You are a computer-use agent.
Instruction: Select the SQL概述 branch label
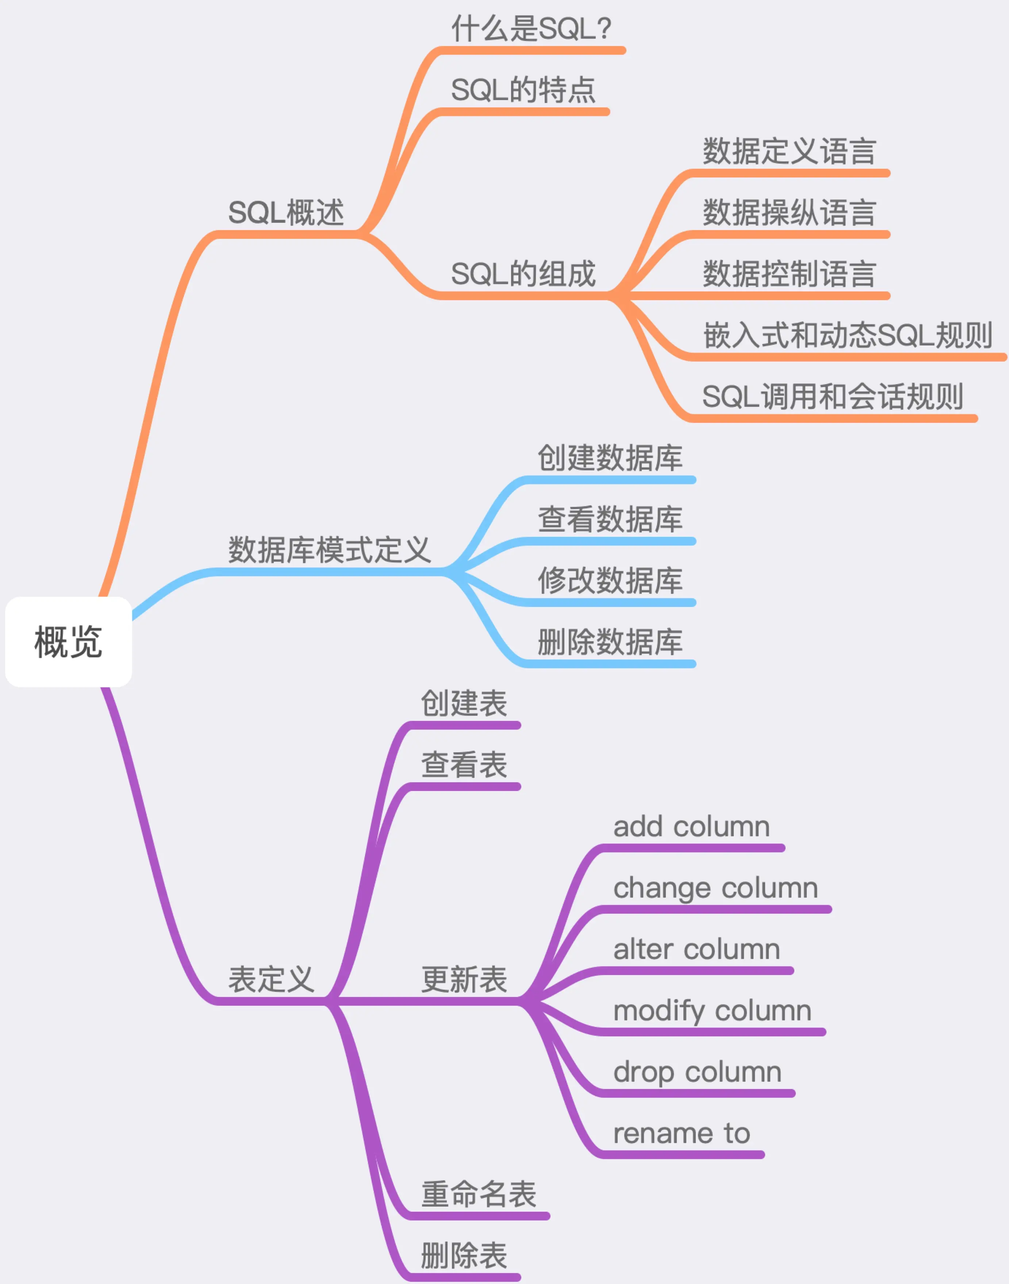coord(285,213)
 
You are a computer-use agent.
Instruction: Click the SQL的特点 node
coord(523,91)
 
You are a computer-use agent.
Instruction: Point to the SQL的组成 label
coord(523,274)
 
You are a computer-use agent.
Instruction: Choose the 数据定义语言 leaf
coord(789,151)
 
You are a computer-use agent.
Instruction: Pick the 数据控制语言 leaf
coord(789,274)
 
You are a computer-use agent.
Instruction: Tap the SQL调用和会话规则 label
coord(832,397)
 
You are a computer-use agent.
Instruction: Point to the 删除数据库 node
coord(610,642)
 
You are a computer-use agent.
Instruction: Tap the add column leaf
coord(691,827)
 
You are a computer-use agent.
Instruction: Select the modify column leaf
coord(712,1011)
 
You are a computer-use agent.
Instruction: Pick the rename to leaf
coord(681,1133)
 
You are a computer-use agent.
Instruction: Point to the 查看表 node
coord(464,765)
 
